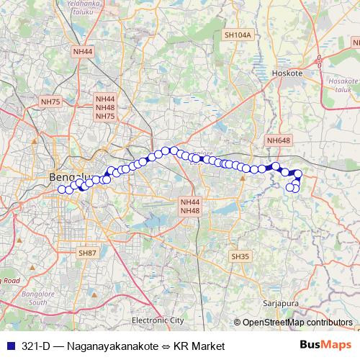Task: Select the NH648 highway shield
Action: (x=277, y=140)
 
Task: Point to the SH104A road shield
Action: (x=238, y=35)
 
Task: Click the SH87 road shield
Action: (x=86, y=253)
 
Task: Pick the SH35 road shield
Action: (x=240, y=256)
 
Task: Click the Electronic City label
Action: (x=158, y=320)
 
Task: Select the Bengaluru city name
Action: (x=68, y=177)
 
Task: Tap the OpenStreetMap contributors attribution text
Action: (x=297, y=323)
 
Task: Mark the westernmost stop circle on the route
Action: (x=61, y=190)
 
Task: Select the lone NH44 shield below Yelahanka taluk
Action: (x=83, y=52)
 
